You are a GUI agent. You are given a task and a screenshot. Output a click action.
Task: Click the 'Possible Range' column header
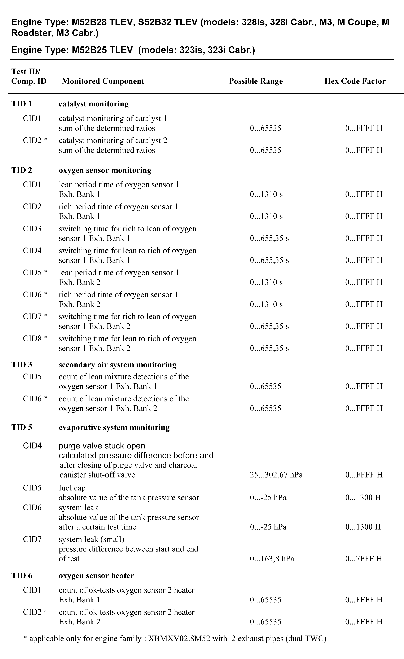coord(256,81)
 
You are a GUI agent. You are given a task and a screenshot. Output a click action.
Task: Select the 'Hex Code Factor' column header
coord(355,81)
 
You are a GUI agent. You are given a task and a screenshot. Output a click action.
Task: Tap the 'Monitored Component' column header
coord(103,81)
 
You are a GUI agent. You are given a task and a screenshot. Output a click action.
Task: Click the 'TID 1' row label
coord(21,104)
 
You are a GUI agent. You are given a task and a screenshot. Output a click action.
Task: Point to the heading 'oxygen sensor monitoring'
coord(105,170)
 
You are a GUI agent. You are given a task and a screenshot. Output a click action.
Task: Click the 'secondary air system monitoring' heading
coord(117,365)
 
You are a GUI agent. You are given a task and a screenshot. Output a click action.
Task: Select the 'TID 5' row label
coord(21,427)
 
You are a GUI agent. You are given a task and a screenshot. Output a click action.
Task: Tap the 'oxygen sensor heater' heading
coord(96,576)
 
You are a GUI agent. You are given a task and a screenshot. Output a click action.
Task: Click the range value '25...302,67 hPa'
coord(276,475)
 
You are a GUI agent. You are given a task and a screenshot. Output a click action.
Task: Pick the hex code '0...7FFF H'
coord(364,559)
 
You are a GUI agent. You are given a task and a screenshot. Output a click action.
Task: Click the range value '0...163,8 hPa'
coord(272,559)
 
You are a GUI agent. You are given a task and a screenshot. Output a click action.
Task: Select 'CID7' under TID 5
coord(32,539)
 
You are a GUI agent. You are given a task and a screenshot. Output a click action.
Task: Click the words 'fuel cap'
coord(72,488)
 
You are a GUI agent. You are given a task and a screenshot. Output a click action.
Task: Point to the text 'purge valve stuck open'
coord(102,446)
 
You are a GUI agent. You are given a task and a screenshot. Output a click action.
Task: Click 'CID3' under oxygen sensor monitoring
coord(32,229)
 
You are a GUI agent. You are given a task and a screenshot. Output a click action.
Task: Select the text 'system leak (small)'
coord(92,539)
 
